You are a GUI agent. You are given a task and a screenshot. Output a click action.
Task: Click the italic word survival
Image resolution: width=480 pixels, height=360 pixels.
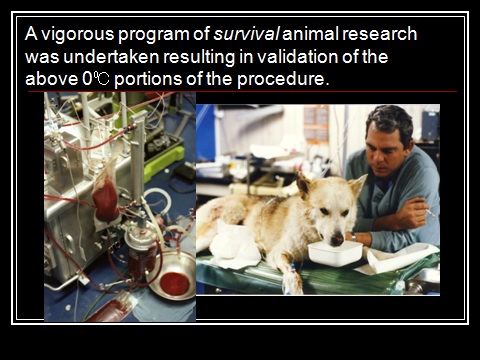[246, 34]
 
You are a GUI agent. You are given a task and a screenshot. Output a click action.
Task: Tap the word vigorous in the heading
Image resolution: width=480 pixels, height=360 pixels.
[77, 35]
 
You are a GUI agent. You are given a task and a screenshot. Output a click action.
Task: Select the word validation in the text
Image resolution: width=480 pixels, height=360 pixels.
[292, 57]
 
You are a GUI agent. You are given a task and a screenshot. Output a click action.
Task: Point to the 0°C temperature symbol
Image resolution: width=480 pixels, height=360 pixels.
[95, 79]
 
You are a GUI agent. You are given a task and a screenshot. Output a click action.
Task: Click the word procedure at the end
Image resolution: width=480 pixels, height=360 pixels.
[283, 79]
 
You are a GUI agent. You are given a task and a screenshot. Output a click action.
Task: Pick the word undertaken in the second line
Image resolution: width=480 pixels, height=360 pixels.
[111, 57]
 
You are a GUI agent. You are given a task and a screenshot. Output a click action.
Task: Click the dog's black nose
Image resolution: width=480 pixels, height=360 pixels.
[337, 238]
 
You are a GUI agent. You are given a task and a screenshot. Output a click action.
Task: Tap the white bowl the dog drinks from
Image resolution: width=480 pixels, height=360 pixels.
[335, 253]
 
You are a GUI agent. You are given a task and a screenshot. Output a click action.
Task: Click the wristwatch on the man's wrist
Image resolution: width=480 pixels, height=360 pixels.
[353, 237]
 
